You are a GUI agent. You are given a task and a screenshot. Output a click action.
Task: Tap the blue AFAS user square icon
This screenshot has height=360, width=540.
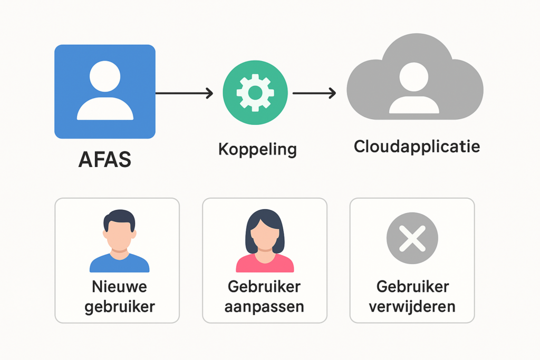(105, 92)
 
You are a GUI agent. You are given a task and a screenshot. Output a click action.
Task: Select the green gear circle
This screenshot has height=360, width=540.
(255, 93)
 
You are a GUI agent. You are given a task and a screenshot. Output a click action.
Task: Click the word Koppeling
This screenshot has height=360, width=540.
(257, 149)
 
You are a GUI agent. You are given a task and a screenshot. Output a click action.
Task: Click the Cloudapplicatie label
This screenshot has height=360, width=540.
(417, 146)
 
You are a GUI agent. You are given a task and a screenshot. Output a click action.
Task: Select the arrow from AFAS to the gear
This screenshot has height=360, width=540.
(184, 93)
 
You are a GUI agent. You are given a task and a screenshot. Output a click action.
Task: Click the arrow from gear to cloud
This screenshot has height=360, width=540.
(314, 93)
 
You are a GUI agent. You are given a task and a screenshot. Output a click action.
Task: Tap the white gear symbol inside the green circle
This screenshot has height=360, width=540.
(255, 93)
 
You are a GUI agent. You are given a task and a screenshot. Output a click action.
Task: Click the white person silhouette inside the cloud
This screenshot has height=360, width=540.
(414, 87)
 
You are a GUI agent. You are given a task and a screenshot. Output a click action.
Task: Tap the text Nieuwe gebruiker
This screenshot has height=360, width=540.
(119, 297)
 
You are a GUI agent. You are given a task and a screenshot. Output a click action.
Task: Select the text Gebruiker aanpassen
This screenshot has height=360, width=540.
(264, 296)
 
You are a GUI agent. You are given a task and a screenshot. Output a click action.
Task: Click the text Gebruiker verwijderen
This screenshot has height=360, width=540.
(412, 296)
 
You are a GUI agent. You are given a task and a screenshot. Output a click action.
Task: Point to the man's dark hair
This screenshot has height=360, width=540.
(119, 216)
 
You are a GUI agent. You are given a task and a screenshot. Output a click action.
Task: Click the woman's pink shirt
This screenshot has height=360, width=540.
(264, 264)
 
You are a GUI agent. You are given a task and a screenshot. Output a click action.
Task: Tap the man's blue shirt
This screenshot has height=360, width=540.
(119, 264)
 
